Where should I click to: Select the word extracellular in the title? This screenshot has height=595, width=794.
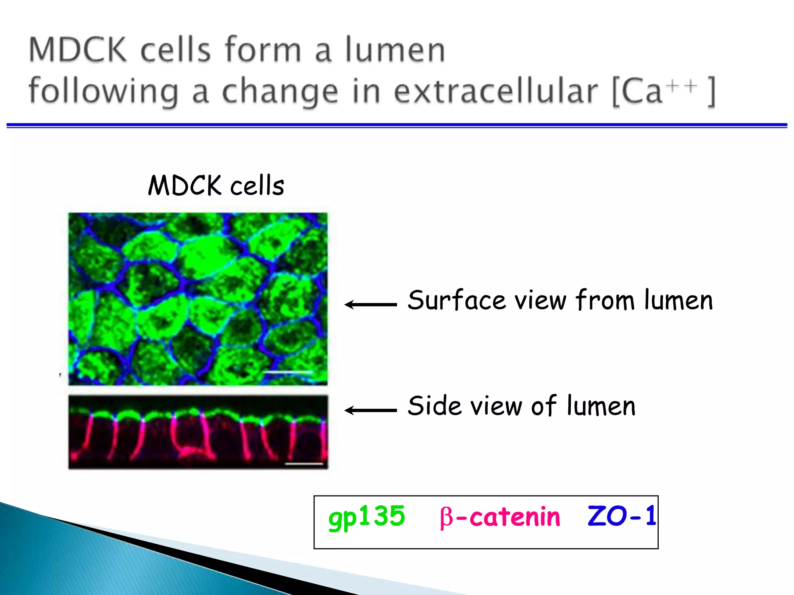click(x=496, y=91)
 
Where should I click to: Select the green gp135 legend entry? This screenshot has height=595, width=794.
click(x=366, y=518)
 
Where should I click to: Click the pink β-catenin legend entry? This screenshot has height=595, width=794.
click(x=500, y=518)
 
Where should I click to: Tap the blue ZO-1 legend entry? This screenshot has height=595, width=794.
click(x=621, y=517)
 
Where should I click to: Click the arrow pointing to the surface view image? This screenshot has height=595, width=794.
click(x=371, y=304)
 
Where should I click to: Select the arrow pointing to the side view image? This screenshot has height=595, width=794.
click(x=371, y=410)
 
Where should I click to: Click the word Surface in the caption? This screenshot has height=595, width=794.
click(x=457, y=300)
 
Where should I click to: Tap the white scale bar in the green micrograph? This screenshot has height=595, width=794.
click(x=288, y=372)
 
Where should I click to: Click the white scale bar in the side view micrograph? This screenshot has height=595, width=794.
click(x=304, y=463)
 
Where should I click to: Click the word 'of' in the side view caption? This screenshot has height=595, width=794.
click(x=544, y=406)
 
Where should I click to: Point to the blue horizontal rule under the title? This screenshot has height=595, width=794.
click(x=397, y=125)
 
